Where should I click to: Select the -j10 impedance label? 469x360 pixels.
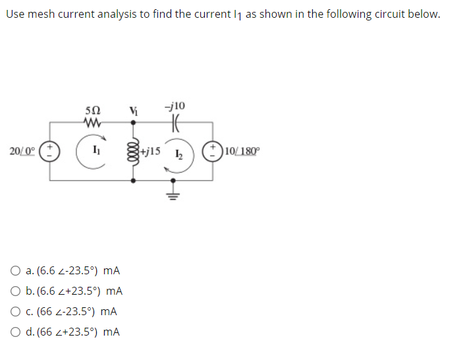[176, 105]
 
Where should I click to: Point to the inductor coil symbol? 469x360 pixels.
[134, 151]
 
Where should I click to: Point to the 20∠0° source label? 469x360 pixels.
[23, 151]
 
